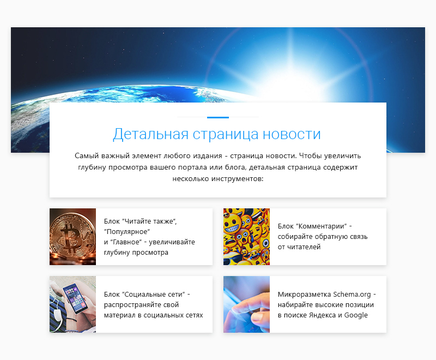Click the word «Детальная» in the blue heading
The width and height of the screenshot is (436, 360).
tap(150, 134)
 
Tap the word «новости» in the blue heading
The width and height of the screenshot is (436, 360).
tap(292, 134)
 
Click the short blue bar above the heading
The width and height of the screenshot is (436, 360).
tap(218, 117)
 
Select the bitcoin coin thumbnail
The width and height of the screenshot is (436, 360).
tap(72, 237)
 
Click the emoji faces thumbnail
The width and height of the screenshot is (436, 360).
tap(246, 237)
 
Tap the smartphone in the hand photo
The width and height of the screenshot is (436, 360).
tap(75, 298)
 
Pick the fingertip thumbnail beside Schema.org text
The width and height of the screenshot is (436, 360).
tap(246, 304)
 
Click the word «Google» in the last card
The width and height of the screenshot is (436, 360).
tap(356, 315)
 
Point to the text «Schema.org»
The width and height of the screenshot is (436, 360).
tap(352, 295)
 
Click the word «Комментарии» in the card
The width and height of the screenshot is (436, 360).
tap(323, 226)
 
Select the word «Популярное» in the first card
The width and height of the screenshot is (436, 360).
tap(127, 232)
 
